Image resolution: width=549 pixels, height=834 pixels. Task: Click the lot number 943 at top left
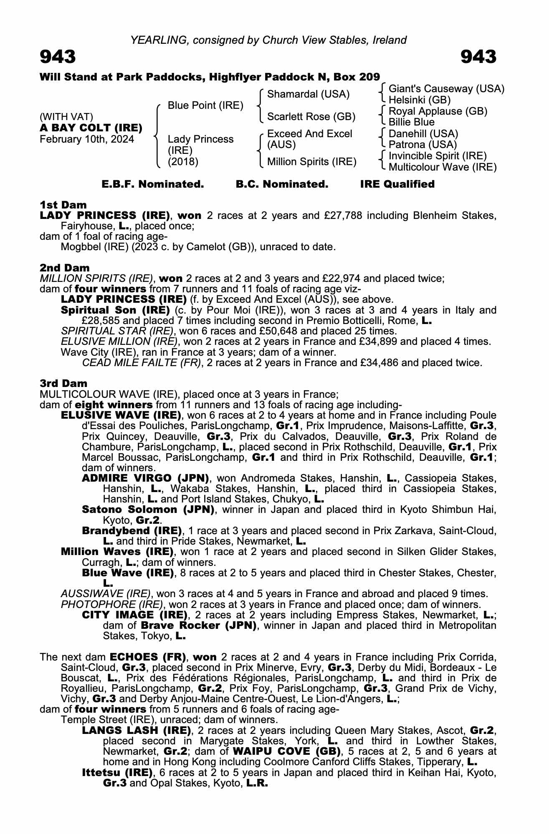58,57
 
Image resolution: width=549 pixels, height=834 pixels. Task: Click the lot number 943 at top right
478,57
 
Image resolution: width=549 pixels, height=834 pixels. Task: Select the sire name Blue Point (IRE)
205,106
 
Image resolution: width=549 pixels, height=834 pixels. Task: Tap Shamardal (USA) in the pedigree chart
308,94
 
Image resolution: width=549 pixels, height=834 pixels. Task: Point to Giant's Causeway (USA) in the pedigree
446,89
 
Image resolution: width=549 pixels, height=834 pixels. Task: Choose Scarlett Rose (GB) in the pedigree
311,117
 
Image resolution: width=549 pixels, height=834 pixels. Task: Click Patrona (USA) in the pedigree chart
423,145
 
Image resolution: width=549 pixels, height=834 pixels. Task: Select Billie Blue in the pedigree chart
411,122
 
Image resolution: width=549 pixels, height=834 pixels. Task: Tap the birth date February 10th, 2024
87,139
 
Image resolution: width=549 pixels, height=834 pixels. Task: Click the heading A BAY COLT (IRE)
91,128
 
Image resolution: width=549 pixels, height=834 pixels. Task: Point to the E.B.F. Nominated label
153,184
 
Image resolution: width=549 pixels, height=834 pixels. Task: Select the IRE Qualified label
397,184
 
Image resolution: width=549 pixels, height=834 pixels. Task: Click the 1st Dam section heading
63,205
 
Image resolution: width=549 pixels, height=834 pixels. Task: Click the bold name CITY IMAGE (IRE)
134,615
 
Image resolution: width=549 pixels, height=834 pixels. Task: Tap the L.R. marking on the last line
257,783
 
